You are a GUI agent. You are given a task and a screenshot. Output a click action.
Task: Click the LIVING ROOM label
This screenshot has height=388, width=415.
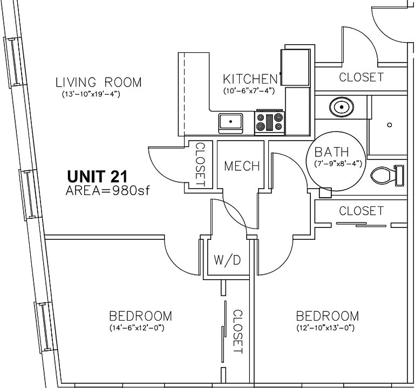click(98, 82)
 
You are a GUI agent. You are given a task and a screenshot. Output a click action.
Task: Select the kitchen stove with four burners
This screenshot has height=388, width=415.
click(270, 123)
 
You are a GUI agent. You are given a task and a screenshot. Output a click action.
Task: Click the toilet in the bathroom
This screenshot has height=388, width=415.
click(387, 175)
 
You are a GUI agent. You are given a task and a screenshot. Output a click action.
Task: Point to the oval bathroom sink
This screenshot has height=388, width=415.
click(342, 107)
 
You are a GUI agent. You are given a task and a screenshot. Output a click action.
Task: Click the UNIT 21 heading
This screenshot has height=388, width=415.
click(97, 176)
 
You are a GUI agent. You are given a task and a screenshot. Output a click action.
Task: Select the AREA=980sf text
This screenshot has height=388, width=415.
click(108, 190)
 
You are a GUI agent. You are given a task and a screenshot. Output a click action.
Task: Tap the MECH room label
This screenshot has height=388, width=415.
click(242, 167)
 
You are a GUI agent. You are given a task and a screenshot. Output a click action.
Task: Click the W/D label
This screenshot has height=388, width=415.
click(227, 260)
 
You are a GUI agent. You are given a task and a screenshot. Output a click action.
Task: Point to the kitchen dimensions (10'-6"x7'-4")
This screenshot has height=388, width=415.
click(249, 91)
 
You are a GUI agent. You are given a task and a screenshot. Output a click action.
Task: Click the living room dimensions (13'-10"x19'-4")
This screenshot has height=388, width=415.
click(91, 94)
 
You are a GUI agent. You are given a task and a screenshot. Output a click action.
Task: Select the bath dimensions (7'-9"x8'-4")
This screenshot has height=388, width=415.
click(338, 164)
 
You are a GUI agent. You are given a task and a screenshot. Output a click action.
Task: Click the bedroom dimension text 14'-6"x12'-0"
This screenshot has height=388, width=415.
click(137, 328)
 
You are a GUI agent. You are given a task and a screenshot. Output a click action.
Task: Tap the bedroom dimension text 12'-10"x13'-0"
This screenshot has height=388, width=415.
click(325, 328)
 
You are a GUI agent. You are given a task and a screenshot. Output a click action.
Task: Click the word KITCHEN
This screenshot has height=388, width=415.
click(250, 79)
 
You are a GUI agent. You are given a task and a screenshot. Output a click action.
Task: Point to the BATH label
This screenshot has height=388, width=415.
click(331, 153)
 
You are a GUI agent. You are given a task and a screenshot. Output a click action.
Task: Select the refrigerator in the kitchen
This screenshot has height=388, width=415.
click(295, 67)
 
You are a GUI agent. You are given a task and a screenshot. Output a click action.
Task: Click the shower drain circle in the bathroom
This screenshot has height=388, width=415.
click(389, 124)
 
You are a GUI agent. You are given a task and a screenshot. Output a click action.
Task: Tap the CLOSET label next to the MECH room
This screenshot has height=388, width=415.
click(200, 164)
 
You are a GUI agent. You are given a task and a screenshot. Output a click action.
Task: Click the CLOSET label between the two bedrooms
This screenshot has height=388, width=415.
click(237, 332)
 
